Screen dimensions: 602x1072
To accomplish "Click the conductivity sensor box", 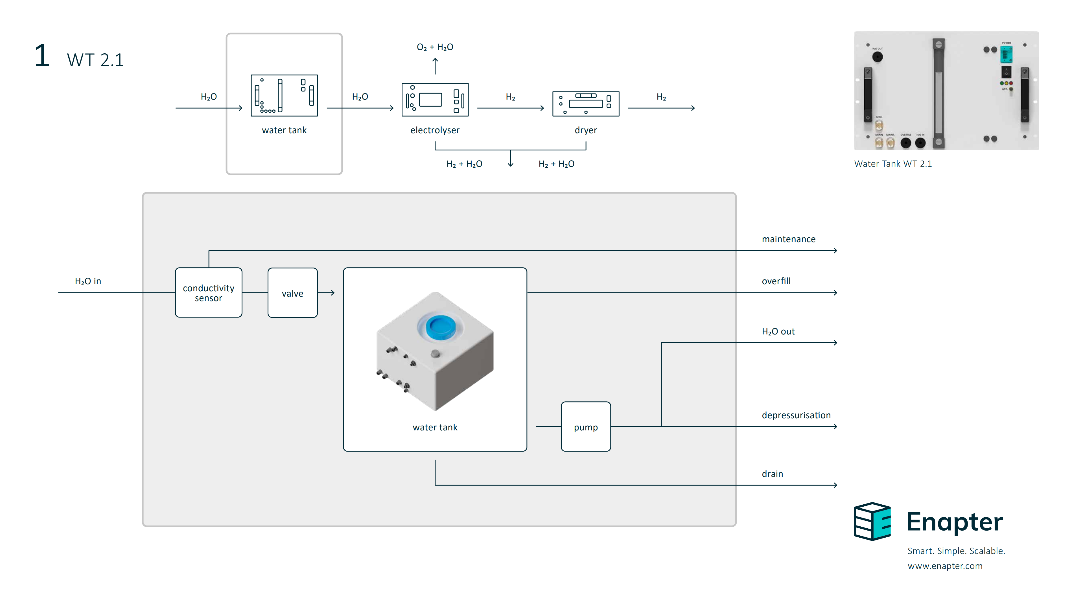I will point(209,292).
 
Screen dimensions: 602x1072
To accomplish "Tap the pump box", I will point(585,426).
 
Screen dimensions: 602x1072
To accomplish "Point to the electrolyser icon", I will point(435,100).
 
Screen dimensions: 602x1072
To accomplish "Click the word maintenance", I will point(788,239).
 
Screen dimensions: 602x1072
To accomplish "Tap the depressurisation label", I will point(796,415).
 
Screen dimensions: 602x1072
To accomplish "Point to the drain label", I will point(772,474).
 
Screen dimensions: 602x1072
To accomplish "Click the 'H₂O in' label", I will point(88,281).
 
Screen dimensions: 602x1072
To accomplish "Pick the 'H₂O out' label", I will point(778,332).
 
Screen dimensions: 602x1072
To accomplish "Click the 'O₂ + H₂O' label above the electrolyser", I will point(435,47).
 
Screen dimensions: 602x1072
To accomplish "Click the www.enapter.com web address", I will point(945,566).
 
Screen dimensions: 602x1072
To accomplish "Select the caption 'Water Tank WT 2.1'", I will point(893,164).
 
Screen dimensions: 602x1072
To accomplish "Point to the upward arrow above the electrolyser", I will point(435,66).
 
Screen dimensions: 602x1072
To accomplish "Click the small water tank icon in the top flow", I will point(284,95).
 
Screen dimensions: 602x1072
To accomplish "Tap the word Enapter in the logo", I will point(955,522).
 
